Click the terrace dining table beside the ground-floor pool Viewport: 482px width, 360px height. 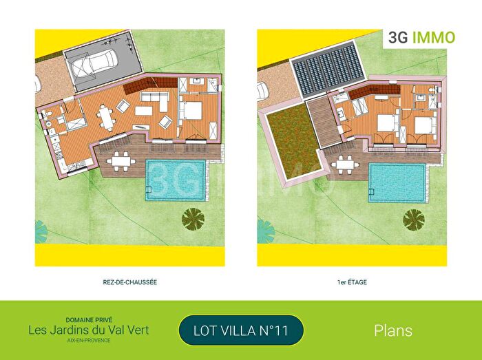pos(121,160)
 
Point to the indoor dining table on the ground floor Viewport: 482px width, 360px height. pos(105,118)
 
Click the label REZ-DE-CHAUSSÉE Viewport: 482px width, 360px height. pos(130,282)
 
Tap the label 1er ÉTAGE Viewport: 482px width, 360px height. pos(351,282)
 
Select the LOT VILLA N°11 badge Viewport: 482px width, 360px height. pos(241,331)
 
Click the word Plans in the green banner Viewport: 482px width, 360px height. pos(393,330)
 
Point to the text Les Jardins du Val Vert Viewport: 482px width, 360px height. pos(89,330)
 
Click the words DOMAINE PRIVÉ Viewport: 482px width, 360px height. pos(89,320)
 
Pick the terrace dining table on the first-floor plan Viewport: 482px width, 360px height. pos(342,162)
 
